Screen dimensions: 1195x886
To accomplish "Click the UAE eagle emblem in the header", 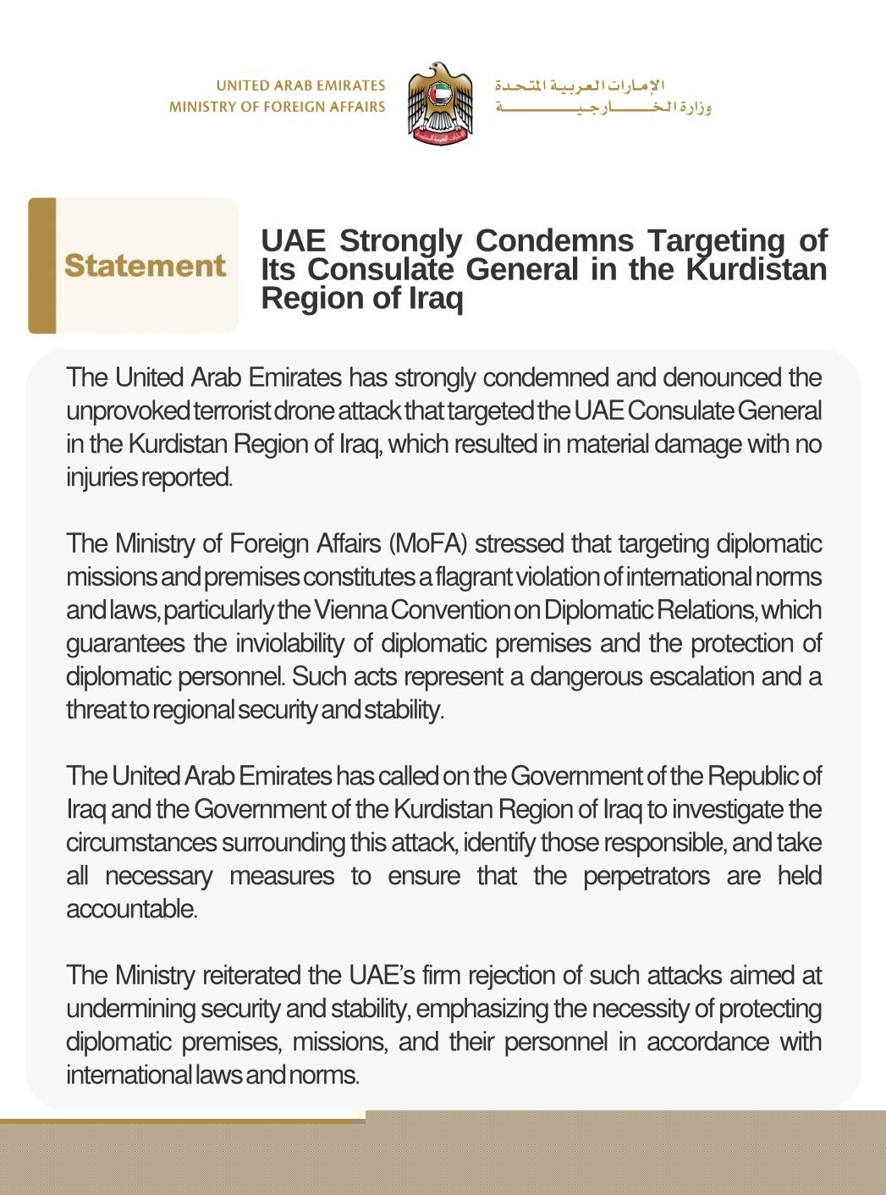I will click(439, 104).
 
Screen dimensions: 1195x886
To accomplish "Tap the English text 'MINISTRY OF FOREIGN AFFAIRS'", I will click(277, 107).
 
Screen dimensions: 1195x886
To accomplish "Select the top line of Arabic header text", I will click(580, 85).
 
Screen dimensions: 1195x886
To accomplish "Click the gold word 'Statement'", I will click(145, 266).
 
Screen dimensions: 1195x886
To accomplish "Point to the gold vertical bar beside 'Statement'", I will click(41, 266).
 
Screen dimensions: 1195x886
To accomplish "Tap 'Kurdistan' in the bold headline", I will click(756, 269).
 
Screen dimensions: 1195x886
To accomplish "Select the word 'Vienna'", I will click(350, 609).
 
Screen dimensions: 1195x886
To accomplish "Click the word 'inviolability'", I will click(289, 643).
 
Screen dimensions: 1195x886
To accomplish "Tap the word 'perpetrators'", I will click(647, 876).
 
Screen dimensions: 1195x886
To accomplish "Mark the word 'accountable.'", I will click(132, 909).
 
